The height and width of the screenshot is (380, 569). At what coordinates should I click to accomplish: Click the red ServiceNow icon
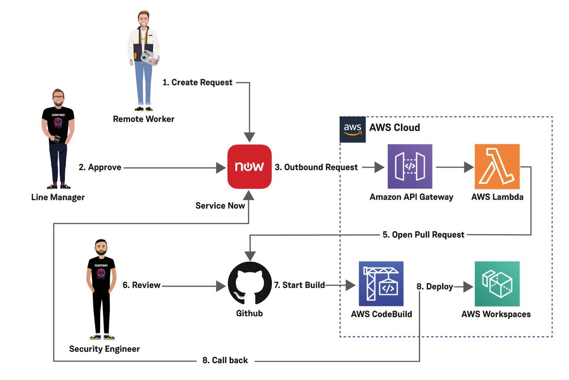click(249, 167)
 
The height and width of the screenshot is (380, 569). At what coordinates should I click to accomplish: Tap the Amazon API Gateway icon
click(409, 167)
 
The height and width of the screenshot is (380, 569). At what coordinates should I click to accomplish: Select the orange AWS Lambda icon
click(497, 167)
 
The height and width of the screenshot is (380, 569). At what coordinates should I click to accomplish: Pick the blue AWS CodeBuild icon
click(381, 284)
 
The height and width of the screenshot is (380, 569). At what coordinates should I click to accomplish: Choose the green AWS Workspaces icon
click(497, 284)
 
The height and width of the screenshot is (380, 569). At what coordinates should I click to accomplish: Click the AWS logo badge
click(353, 129)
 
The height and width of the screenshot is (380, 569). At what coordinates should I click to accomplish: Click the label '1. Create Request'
click(197, 82)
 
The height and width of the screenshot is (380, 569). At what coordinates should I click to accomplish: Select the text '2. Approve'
click(100, 167)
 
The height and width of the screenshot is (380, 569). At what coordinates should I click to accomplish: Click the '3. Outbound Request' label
click(317, 167)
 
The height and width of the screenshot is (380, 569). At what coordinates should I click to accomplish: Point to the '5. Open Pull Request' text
click(424, 234)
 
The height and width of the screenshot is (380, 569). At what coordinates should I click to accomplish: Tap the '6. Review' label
click(140, 285)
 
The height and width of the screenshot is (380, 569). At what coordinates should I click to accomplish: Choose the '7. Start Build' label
click(299, 285)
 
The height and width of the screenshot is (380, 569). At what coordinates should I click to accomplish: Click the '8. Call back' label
click(225, 360)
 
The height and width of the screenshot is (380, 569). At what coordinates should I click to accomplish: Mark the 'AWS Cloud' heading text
click(395, 128)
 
